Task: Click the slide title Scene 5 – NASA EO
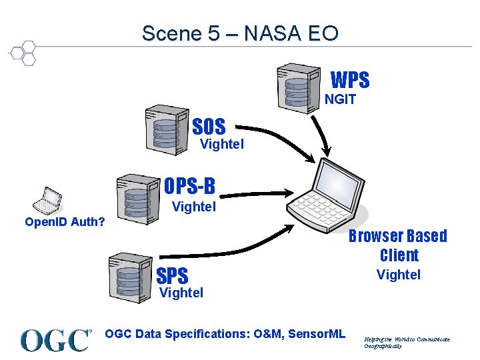240,33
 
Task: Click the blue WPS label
350,81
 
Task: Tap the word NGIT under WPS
340,99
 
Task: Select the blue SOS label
209,126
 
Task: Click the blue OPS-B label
189,185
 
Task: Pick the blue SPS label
172,275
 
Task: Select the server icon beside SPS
129,275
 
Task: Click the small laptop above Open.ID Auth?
47,198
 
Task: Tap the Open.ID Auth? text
65,221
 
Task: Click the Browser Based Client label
398,245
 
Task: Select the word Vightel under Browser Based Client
398,274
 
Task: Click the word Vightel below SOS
222,143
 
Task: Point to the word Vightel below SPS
181,292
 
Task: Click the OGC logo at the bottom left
56,340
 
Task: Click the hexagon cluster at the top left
23,53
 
